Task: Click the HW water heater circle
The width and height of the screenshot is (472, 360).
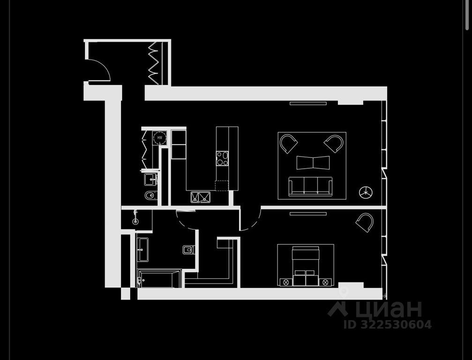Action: (160, 138)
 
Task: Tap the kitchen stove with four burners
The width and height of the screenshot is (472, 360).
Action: (222, 158)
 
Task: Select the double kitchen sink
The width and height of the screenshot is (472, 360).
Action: (201, 197)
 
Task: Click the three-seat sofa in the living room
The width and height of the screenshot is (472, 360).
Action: (310, 186)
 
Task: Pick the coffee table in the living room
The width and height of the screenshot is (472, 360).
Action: (313, 163)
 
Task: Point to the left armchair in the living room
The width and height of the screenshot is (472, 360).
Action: (288, 143)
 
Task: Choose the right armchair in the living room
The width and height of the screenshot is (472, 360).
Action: (334, 143)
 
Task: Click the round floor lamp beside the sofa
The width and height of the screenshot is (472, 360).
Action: (366, 192)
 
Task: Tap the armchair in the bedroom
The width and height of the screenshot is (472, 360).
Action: (365, 222)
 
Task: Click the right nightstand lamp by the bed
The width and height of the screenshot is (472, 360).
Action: (326, 282)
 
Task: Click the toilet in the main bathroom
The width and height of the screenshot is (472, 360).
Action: (188, 250)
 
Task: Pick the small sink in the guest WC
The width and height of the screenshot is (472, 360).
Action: (150, 178)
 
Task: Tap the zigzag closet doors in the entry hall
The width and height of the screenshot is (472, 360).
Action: (154, 63)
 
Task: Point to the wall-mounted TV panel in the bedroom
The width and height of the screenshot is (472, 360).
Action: (308, 214)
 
